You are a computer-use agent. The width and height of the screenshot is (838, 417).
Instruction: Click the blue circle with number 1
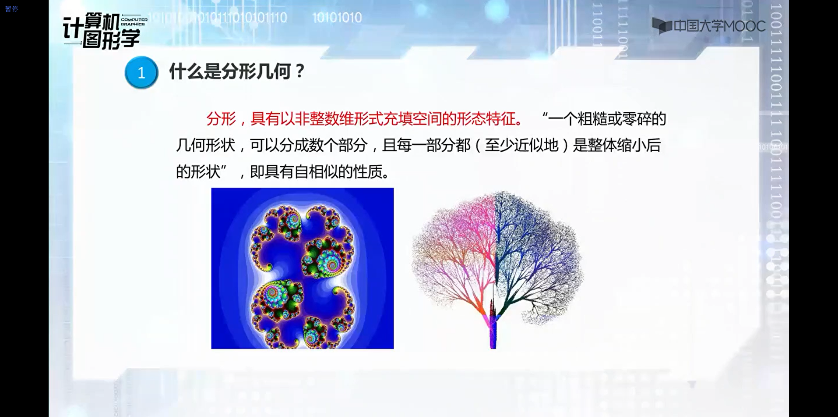(x=141, y=72)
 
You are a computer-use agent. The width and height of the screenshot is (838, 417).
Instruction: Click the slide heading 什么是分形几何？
(x=237, y=71)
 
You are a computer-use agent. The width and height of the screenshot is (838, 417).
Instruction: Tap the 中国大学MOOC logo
(x=708, y=26)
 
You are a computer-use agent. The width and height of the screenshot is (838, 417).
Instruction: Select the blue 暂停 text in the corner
(x=12, y=9)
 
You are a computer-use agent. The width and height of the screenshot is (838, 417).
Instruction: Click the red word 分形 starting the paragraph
(x=221, y=119)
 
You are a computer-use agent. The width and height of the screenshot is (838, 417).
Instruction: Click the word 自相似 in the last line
(x=316, y=171)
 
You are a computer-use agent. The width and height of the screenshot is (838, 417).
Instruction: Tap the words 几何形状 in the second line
(x=206, y=145)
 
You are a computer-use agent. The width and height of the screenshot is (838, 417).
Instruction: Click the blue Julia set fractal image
(x=303, y=268)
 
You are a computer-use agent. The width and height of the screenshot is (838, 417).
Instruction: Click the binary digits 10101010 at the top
(x=337, y=18)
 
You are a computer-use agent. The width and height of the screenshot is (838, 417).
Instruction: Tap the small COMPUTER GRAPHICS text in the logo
(x=134, y=22)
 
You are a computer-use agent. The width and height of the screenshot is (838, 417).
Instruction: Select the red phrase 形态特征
(x=486, y=119)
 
